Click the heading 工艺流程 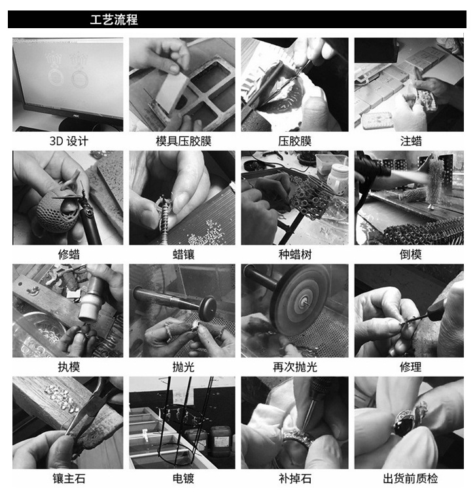tap(114, 20)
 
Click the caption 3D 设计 tap(69, 141)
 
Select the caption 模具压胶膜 tap(183, 141)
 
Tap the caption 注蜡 tap(411, 141)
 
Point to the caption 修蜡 tap(69, 254)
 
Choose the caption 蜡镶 tap(183, 254)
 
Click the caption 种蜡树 tap(295, 254)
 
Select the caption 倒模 tap(411, 254)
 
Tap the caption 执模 tap(69, 367)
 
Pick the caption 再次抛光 tap(295, 367)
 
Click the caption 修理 tap(411, 367)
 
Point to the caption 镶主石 tap(69, 479)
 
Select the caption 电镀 tap(183, 479)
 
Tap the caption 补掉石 tap(295, 479)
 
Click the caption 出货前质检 tap(411, 479)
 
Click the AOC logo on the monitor tap(76, 117)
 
